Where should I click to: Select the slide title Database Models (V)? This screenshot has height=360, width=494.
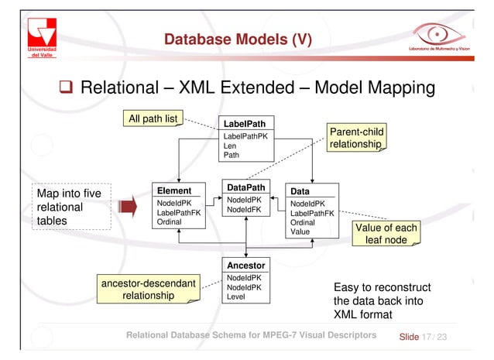tap(237, 39)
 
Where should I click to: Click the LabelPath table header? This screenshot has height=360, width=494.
tap(244, 123)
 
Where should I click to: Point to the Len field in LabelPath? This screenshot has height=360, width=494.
tap(230, 146)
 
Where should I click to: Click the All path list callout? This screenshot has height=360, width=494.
tap(156, 118)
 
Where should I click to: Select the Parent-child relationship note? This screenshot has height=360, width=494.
tap(356, 138)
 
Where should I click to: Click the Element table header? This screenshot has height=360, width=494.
tap(174, 190)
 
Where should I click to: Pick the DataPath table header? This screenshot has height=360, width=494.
tap(244, 187)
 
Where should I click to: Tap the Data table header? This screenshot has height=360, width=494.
tap(298, 190)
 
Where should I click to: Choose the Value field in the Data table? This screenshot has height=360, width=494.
tap(300, 231)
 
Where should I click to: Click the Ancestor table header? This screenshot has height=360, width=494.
tap(245, 265)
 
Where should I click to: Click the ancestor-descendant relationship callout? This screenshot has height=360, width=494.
tap(148, 288)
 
